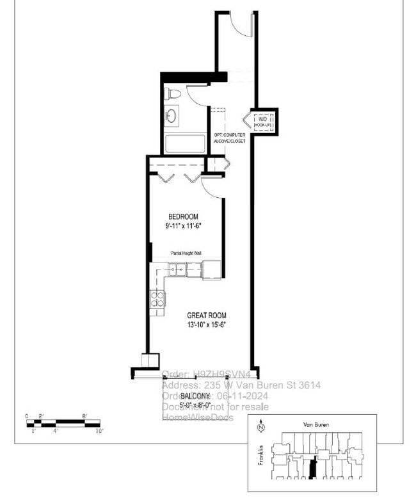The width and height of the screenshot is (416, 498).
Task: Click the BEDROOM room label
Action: pos(183,216)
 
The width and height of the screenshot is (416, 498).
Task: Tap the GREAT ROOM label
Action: pos(206,316)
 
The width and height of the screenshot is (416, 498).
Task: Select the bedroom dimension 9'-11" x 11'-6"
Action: pos(183,226)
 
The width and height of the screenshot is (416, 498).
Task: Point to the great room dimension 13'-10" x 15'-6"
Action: pos(206,325)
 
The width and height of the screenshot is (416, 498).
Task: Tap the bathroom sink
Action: pos(172,116)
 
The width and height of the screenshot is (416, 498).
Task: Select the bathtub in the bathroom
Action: pos(186,143)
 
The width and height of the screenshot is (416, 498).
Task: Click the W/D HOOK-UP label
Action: pos(262,122)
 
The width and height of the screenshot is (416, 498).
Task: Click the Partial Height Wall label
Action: pos(186,254)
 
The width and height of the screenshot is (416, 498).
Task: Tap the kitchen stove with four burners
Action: pos(157,299)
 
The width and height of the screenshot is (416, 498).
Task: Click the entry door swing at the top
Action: pos(242,22)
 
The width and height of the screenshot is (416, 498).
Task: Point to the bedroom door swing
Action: pos(211,185)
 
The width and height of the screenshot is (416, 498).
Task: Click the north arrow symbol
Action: pos(260,428)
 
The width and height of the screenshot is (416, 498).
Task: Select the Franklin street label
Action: pos(260,455)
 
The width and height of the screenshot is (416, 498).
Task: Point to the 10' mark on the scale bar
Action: pos(99,431)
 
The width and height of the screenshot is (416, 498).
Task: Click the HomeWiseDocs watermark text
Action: pos(197,417)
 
